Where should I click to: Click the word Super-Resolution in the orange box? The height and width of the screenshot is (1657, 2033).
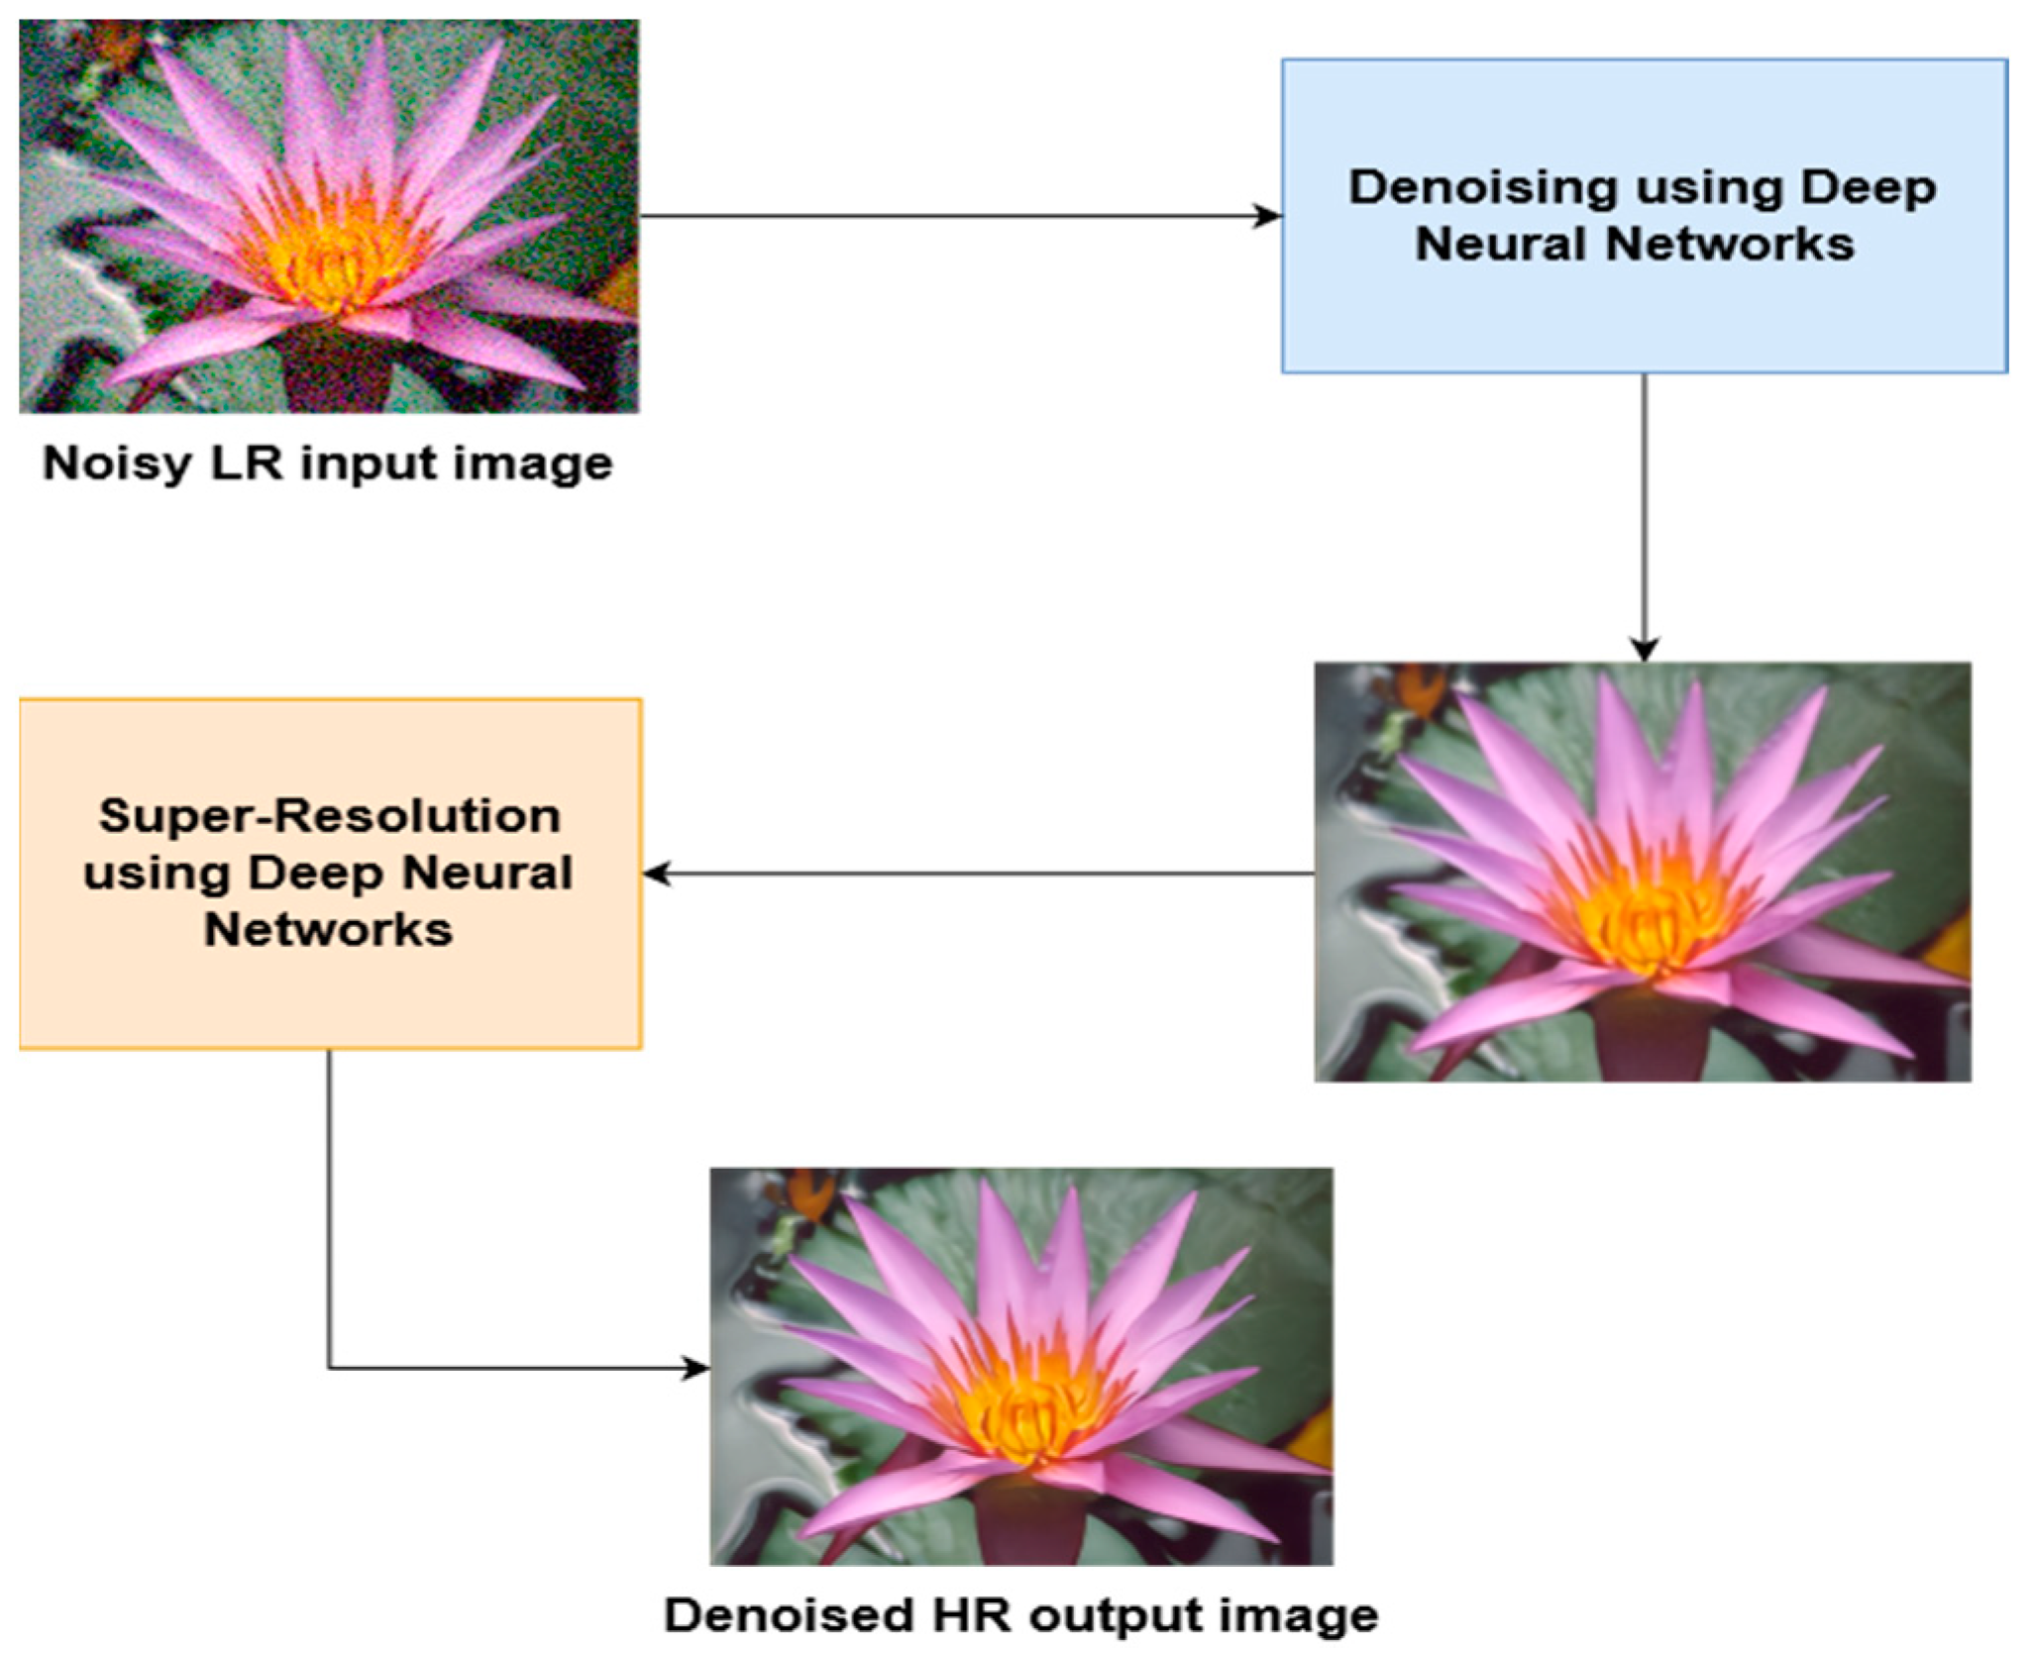329,817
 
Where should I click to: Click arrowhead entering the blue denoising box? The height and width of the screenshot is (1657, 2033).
1269,216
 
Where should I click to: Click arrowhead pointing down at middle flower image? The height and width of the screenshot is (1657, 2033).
1644,650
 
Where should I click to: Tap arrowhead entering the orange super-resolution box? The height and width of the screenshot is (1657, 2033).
657,874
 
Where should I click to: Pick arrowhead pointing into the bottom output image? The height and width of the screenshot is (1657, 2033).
696,1369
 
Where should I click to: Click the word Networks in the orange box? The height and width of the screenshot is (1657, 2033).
328,930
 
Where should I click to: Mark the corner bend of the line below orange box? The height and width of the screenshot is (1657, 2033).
329,1369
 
